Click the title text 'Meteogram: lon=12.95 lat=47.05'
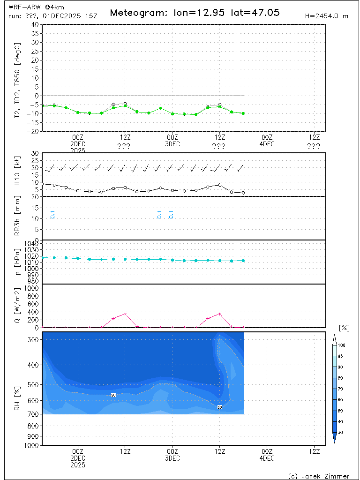pyautogui.click(x=195, y=13)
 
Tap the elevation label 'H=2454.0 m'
pyautogui.click(x=326, y=16)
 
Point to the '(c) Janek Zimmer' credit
pyautogui.click(x=318, y=476)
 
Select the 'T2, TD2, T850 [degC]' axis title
pyautogui.click(x=18, y=78)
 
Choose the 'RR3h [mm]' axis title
pyautogui.click(x=18, y=218)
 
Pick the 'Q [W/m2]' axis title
pyautogui.click(x=18, y=306)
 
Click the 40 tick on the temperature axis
pyautogui.click(x=35, y=24)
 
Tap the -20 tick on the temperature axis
pyautogui.click(x=33, y=132)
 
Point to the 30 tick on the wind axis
pyautogui.click(x=35, y=153)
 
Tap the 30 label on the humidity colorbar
pyautogui.click(x=342, y=432)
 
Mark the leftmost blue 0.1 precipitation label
pyautogui.click(x=52, y=215)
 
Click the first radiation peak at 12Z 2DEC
pyautogui.click(x=125, y=314)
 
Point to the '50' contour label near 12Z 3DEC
pyautogui.click(x=220, y=407)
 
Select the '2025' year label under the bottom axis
pyautogui.click(x=78, y=465)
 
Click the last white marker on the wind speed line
pyautogui.click(x=243, y=193)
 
